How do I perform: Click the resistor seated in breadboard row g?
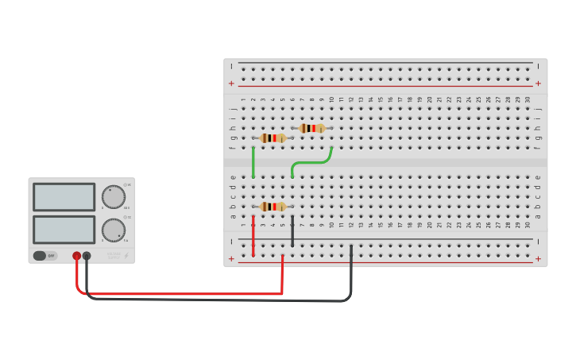[273, 137]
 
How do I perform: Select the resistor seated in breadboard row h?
[311, 128]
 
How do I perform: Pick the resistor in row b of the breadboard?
[273, 207]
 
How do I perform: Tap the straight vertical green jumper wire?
[253, 162]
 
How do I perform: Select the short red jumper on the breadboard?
[253, 236]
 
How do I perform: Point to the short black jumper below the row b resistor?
[292, 231]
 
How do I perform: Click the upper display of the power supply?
[64, 196]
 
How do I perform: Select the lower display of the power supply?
[64, 230]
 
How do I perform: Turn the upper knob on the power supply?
[114, 196]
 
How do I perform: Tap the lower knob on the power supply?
[114, 230]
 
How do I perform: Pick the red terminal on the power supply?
[77, 256]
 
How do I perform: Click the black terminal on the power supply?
[87, 256]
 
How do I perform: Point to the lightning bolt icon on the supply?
[127, 255]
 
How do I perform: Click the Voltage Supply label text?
[114, 255]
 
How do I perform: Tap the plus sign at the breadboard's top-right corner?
[538, 83]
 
